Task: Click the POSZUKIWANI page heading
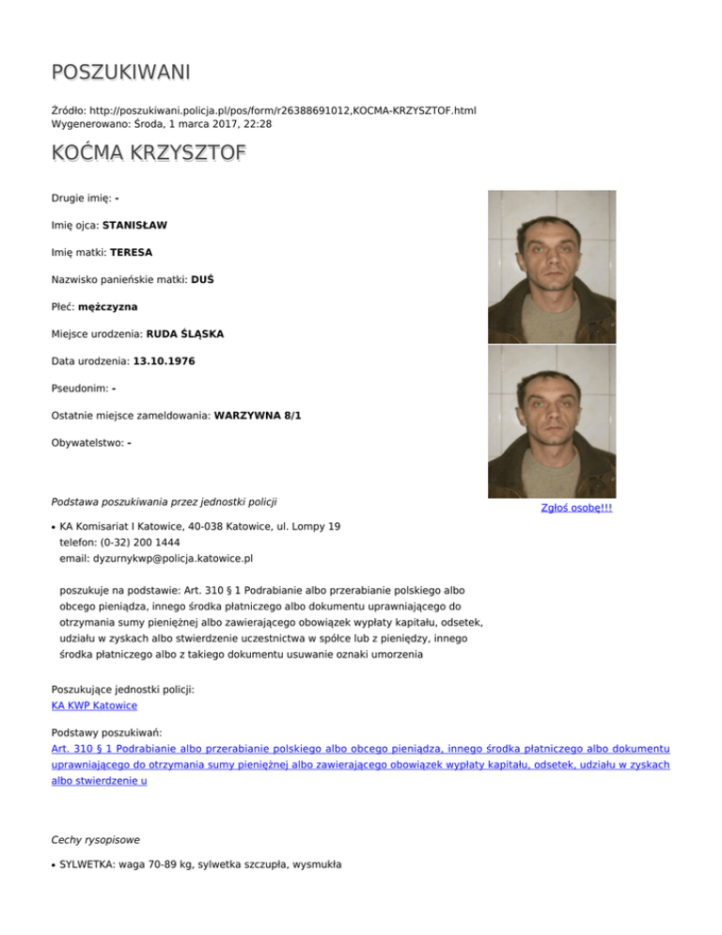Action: point(121,71)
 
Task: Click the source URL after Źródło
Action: point(284,110)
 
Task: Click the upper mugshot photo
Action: point(552,266)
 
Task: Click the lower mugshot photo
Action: point(552,421)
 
